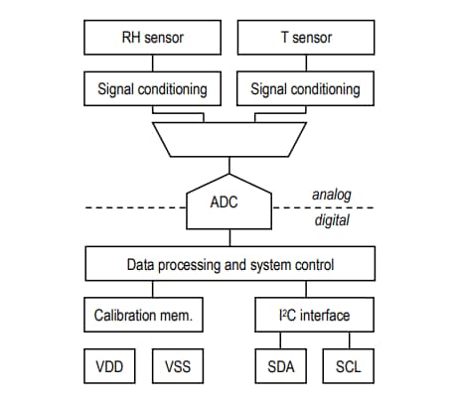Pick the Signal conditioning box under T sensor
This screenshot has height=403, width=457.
click(x=305, y=88)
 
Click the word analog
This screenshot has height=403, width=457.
click(x=332, y=195)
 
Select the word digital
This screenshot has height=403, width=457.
click(x=332, y=221)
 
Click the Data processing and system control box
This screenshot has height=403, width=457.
click(x=228, y=265)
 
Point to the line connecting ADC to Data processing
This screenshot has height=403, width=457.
click(x=228, y=238)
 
